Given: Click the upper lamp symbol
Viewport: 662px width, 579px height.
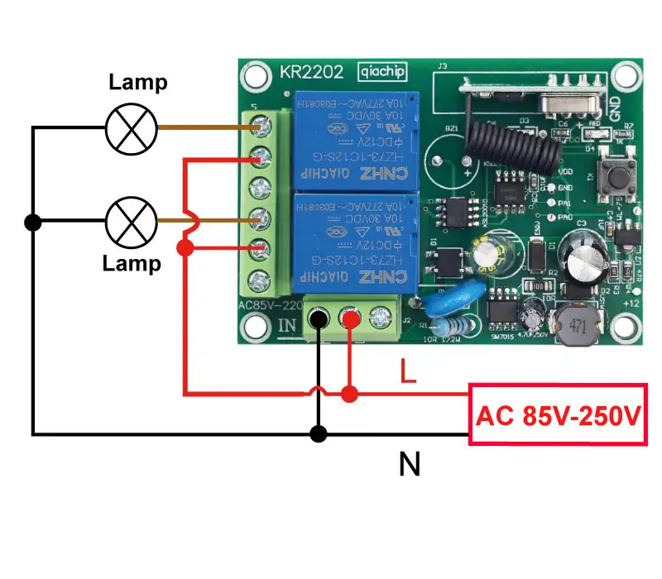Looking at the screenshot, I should point(132,128).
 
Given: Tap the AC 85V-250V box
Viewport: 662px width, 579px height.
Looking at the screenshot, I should point(557,414).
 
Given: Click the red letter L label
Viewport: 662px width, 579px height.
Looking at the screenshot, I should point(407,371).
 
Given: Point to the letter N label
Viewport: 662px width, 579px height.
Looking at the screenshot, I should point(409,465).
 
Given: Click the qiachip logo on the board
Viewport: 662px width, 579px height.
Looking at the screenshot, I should point(381,72).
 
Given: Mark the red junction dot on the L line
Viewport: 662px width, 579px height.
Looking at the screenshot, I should point(350,394).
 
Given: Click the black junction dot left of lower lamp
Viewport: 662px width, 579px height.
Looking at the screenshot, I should point(33,222).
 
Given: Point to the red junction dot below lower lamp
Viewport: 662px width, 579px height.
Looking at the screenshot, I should point(185,247).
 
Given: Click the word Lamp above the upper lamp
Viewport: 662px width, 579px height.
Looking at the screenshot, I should point(139,82).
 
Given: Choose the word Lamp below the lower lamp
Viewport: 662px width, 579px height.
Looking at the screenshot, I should point(132,264).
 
